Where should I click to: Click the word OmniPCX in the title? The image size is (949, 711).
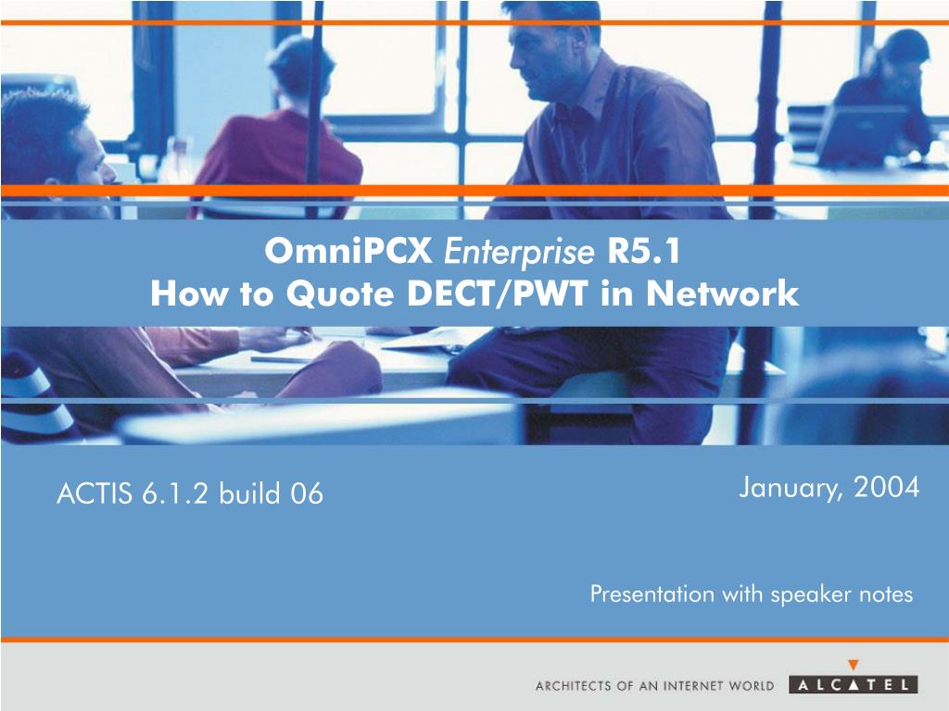348,250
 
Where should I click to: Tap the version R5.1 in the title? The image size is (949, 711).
644,251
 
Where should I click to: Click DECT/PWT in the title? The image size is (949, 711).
497,293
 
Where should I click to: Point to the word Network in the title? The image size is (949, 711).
722,293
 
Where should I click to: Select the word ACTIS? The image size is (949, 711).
94,493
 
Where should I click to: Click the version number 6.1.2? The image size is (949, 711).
175,493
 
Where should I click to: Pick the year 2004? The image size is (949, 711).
887,487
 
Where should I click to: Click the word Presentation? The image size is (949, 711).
652,593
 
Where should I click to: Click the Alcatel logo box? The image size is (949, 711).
854,685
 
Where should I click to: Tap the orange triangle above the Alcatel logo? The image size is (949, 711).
854,665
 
